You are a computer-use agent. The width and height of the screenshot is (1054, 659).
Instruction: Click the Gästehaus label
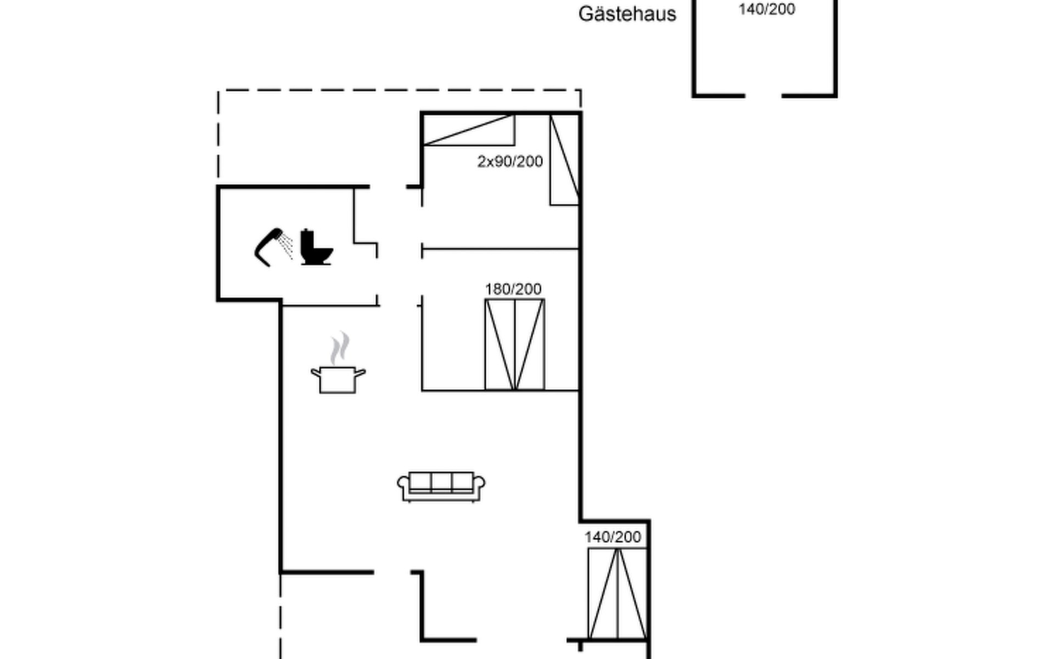point(627,14)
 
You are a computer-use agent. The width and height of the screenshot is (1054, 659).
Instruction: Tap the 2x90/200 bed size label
point(510,161)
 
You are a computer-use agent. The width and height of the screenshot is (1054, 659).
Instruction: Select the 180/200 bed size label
point(513,289)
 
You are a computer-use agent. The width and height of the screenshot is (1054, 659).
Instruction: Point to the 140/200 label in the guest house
point(767,9)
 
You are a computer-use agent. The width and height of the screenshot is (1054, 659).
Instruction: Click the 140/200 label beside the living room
point(613,537)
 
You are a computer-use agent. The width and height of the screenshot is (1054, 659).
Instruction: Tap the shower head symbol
point(272,245)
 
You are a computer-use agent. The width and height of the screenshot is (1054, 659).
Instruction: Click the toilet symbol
point(316,248)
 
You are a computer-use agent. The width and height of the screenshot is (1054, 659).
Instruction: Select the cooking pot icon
point(338,379)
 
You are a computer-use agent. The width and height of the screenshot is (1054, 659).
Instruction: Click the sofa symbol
point(441,486)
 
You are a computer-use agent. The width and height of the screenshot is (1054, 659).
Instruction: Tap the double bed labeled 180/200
point(514,344)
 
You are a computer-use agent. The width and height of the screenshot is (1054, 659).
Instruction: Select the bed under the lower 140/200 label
point(617,593)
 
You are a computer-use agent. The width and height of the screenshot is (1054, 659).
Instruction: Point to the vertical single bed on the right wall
point(564,160)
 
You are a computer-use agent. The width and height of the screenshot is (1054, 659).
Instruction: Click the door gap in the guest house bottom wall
point(763,96)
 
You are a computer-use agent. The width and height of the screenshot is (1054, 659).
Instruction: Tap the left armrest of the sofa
point(403,484)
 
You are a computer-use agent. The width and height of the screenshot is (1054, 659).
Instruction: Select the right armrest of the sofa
point(479,484)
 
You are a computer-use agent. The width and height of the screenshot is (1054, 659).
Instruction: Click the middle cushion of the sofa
point(441,481)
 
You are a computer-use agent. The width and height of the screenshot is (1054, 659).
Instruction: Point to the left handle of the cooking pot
point(315,373)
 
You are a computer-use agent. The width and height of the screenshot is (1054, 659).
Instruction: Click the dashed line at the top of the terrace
point(399,90)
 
